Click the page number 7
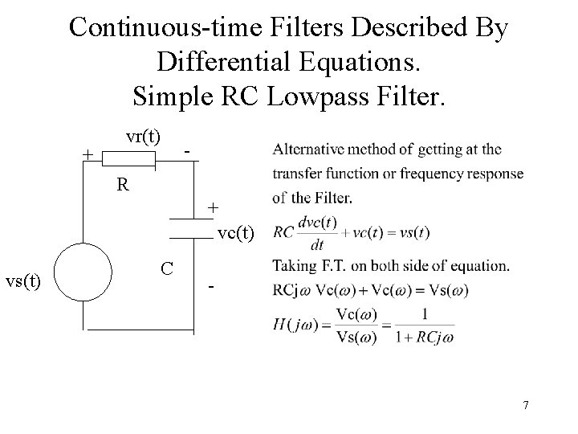tap(525, 405)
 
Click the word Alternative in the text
tap(309, 149)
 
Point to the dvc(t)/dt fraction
tap(315, 232)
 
